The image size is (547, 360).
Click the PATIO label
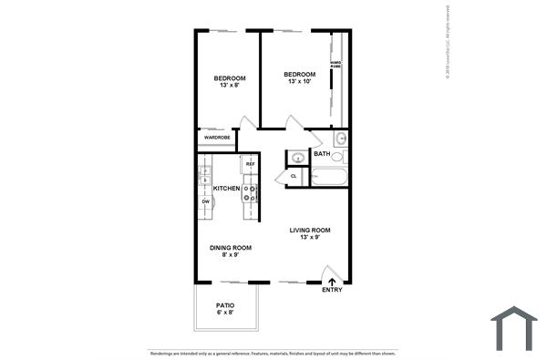[x=225, y=305]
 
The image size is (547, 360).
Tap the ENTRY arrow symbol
[x=332, y=281]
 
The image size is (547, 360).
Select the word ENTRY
[x=333, y=291]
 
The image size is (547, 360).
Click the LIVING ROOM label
[x=310, y=230]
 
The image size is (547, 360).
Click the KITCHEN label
[x=226, y=189]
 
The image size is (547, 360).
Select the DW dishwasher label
[x=206, y=201]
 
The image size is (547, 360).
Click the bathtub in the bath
[x=328, y=175]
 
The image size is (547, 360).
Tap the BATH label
[x=322, y=154]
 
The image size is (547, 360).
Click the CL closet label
[x=294, y=176]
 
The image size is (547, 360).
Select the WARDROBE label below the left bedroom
[x=216, y=139]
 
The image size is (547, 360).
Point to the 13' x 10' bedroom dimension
[x=299, y=82]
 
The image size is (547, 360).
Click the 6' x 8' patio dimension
[x=225, y=314]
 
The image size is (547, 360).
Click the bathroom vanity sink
[x=339, y=139]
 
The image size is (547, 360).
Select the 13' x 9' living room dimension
[x=310, y=238]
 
